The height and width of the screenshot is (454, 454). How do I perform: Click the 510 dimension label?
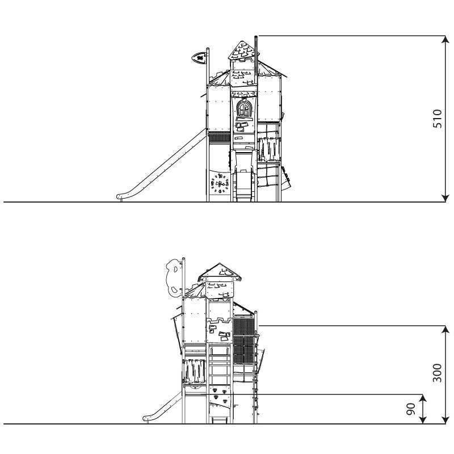pyautogui.click(x=437, y=119)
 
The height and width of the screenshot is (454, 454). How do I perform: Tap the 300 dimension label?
pyautogui.click(x=437, y=373)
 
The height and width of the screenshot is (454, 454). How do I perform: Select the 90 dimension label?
pyautogui.click(x=410, y=409)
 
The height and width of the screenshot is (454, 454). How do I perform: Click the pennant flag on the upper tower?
pyautogui.click(x=199, y=57)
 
